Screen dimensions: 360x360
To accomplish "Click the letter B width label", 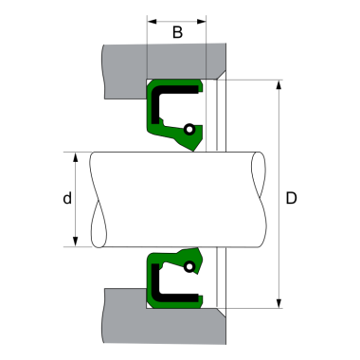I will click(176, 33).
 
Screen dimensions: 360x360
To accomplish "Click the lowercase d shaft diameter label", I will click(65, 199).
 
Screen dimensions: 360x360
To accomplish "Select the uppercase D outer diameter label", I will click(292, 199).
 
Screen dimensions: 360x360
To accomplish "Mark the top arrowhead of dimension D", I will click(279, 85).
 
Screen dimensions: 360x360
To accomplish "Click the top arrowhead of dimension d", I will click(75, 155).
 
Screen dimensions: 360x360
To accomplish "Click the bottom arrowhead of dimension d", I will click(75, 242).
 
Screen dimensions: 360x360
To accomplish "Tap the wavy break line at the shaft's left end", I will click(95, 199).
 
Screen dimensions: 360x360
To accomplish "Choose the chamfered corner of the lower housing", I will click(218, 314).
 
